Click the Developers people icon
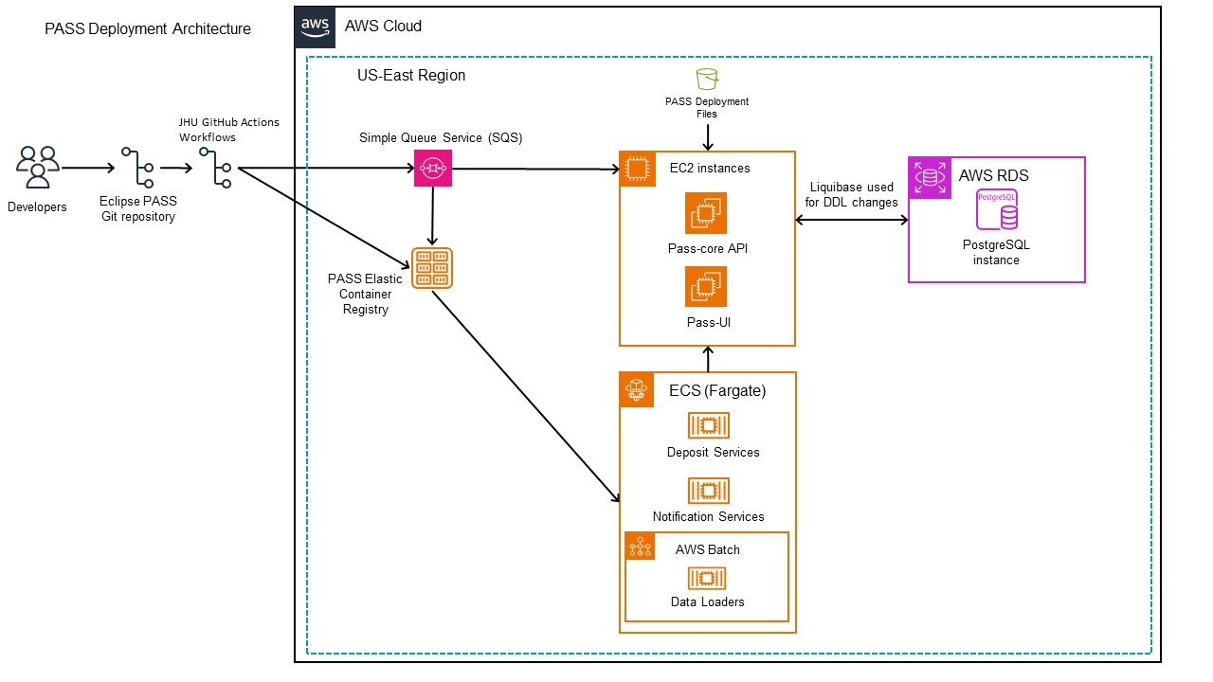click(x=38, y=168)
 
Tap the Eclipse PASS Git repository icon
click(x=138, y=168)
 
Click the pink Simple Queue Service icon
click(x=432, y=169)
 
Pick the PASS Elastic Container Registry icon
click(x=432, y=268)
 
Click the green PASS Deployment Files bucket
click(x=706, y=79)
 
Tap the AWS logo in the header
click(x=315, y=27)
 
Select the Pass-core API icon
click(x=706, y=213)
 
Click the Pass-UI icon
click(x=706, y=286)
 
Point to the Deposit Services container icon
click(x=708, y=425)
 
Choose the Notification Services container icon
click(x=708, y=490)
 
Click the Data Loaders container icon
click(x=706, y=578)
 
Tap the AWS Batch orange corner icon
click(x=642, y=548)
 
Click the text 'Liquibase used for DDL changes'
click(x=852, y=195)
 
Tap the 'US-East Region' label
click(x=411, y=76)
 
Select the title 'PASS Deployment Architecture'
click(x=148, y=29)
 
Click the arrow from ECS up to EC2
click(x=707, y=359)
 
